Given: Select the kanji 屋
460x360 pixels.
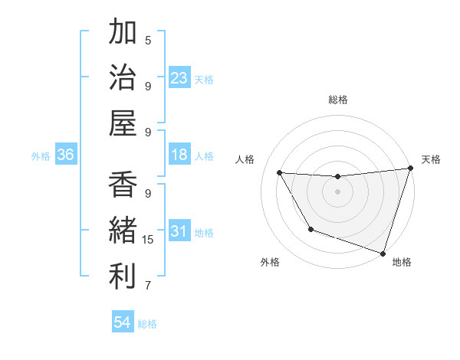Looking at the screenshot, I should click(123, 123).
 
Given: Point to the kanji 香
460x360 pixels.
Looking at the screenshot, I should click(123, 186).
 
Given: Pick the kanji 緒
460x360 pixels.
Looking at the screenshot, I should click(123, 231).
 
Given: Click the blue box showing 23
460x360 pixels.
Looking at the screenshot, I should click(179, 78).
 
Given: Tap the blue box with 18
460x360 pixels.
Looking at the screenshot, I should click(179, 155).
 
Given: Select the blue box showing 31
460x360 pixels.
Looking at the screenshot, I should click(179, 232).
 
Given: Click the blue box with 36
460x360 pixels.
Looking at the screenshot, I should click(66, 155).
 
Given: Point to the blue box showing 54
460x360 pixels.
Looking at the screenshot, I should click(123, 323).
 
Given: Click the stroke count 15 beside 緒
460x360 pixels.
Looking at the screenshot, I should click(148, 240).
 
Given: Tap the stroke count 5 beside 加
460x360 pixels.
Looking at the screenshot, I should click(148, 40).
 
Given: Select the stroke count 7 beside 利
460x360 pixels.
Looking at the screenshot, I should click(148, 286).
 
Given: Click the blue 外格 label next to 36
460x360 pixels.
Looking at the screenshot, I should click(41, 156).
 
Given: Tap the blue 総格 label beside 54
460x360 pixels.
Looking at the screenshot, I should click(147, 324).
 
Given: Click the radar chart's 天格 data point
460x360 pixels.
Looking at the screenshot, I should click(411, 169).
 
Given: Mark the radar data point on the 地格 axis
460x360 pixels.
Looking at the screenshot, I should click(383, 252).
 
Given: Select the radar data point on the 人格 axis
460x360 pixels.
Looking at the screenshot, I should click(280, 173).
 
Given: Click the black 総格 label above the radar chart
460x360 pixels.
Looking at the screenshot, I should click(338, 100).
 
